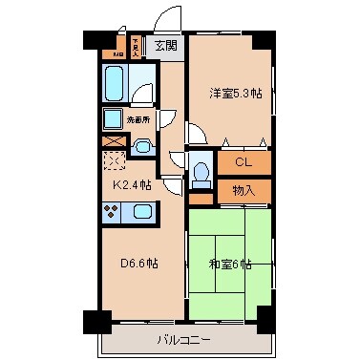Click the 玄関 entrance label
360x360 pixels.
[x=166, y=44]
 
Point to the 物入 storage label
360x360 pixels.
[x=244, y=191]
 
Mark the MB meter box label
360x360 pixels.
[x=118, y=53]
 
